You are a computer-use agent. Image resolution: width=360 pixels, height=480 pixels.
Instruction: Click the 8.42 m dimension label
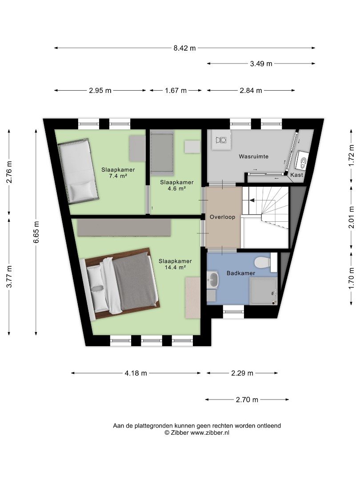(184, 48)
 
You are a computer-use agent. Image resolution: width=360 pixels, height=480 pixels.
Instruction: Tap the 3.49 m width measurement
(261, 64)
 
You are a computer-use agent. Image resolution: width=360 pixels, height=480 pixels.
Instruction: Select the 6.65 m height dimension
(36, 232)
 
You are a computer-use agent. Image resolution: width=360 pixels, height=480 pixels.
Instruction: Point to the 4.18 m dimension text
(136, 373)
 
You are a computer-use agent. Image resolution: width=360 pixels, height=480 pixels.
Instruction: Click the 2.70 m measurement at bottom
(247, 400)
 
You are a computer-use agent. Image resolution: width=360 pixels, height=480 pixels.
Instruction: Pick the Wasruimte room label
(254, 156)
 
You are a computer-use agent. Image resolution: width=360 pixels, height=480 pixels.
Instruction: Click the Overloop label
(223, 217)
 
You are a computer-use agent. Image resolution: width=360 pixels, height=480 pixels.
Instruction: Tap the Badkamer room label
(241, 273)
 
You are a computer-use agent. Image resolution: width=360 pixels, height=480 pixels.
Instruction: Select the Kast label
(296, 175)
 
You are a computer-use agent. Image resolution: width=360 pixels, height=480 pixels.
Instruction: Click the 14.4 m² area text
(176, 267)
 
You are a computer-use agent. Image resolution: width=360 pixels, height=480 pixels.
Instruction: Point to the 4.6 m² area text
(176, 188)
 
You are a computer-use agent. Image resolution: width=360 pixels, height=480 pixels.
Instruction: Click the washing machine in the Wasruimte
(221, 140)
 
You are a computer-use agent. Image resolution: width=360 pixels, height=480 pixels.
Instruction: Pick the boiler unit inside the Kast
(301, 160)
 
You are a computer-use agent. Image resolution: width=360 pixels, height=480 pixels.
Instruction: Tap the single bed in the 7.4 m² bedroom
(78, 171)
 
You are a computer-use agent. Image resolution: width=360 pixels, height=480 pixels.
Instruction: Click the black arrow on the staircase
(252, 200)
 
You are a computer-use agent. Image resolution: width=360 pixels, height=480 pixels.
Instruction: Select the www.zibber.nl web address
(210, 432)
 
